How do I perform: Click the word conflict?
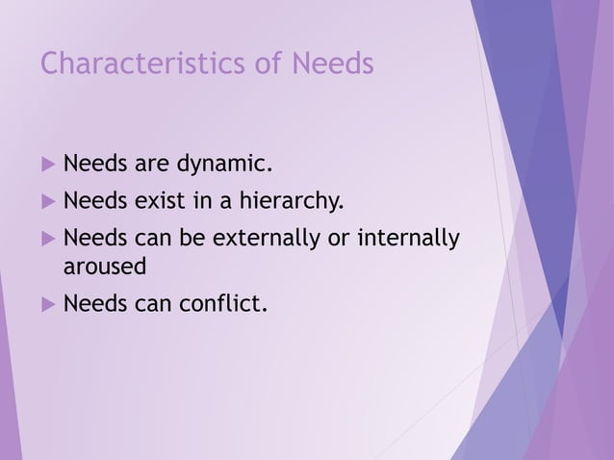(220, 305)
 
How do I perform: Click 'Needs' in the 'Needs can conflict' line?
(93, 305)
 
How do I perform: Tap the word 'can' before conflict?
(150, 305)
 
